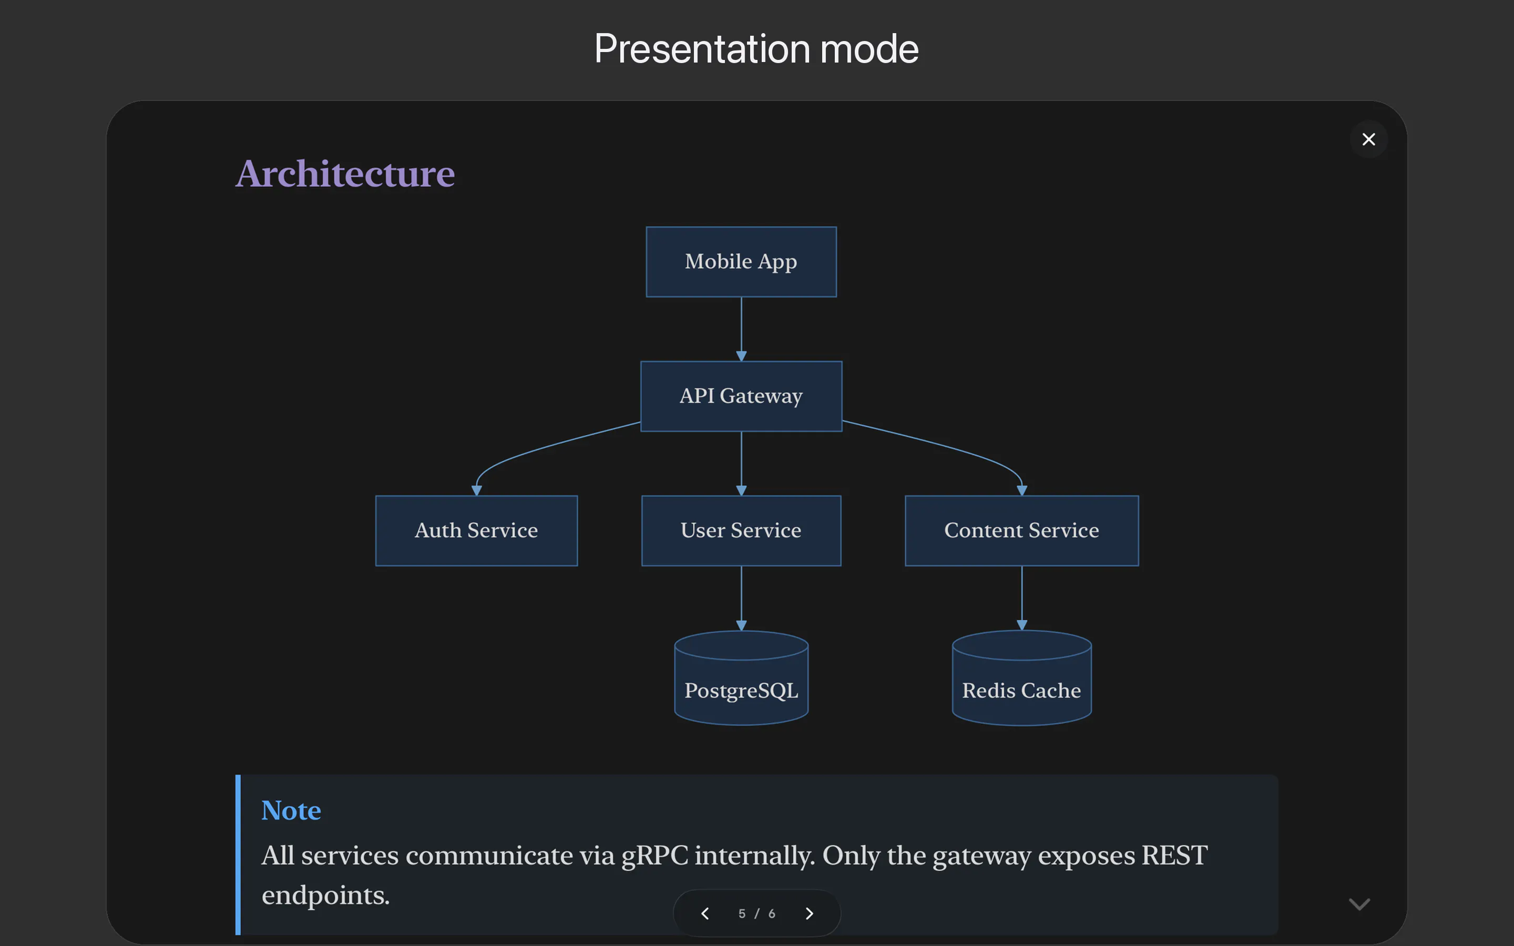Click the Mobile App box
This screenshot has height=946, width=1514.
click(741, 262)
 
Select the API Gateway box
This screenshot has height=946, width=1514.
click(741, 396)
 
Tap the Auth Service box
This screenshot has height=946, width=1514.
click(476, 531)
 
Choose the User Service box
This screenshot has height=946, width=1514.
click(741, 531)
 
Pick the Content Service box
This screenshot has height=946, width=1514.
click(1021, 531)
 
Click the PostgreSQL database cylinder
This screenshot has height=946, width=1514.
click(741, 678)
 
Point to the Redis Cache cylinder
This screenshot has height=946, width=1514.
click(1021, 678)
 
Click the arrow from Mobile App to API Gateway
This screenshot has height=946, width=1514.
click(741, 329)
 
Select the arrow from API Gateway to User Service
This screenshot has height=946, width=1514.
click(741, 464)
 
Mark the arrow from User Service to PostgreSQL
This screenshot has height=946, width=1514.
click(741, 598)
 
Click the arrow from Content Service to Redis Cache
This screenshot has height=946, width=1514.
click(1021, 598)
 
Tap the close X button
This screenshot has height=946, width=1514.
click(1369, 139)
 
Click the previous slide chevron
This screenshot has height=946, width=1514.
click(705, 913)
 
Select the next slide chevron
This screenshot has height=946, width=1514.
click(810, 913)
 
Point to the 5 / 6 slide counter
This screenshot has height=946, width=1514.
click(757, 913)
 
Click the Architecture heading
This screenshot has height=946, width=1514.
click(345, 173)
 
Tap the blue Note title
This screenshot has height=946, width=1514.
click(291, 810)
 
